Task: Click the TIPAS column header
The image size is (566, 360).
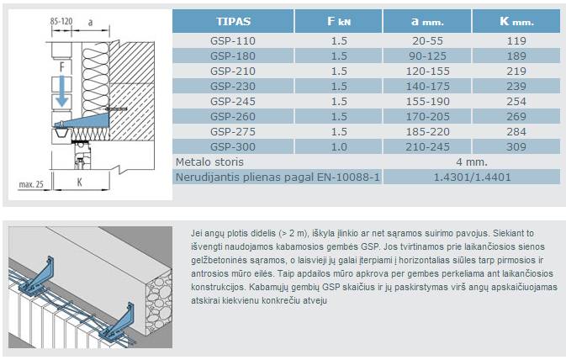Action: (x=233, y=21)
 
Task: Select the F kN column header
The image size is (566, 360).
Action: (x=339, y=21)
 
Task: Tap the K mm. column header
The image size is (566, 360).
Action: (x=516, y=21)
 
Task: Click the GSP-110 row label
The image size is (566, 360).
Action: (x=233, y=41)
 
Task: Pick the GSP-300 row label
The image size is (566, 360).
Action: (x=233, y=147)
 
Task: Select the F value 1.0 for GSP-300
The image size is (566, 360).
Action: (x=339, y=147)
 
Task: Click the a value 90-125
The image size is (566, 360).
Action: (x=427, y=56)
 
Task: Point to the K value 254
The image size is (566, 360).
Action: (x=516, y=102)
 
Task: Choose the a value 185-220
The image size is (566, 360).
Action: (x=427, y=132)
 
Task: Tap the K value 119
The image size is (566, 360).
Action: (x=516, y=41)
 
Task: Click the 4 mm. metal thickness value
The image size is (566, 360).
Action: (x=472, y=162)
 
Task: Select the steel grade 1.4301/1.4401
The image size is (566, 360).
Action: (x=472, y=177)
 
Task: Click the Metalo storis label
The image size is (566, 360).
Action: (x=209, y=162)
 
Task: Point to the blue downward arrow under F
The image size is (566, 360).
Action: (x=61, y=92)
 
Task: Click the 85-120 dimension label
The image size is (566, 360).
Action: (x=61, y=21)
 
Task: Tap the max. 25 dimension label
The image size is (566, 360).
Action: (x=31, y=184)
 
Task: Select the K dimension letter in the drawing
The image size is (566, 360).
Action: (x=79, y=183)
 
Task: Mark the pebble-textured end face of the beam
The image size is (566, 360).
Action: (x=158, y=303)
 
